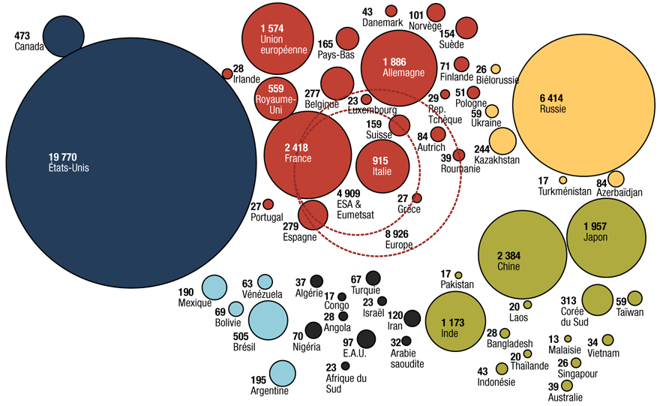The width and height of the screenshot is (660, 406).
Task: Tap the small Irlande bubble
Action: click(x=227, y=74)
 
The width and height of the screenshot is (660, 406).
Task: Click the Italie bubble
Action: click(x=382, y=166)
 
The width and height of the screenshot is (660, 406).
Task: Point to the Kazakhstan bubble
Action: click(x=502, y=140)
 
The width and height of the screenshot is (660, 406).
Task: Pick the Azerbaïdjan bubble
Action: click(x=615, y=179)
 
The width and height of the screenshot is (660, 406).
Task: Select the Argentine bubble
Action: click(x=282, y=373)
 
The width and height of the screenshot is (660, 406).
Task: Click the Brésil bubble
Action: click(x=268, y=320)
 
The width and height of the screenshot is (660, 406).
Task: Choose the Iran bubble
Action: click(x=412, y=319)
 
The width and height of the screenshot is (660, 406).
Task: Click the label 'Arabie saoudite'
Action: click(x=407, y=358)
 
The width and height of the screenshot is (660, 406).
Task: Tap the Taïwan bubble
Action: click(x=634, y=298)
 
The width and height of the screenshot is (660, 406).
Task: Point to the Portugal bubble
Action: click(x=268, y=204)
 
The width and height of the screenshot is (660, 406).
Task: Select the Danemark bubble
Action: click(x=391, y=11)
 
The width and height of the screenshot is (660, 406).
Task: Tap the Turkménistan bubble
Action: click(x=562, y=180)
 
